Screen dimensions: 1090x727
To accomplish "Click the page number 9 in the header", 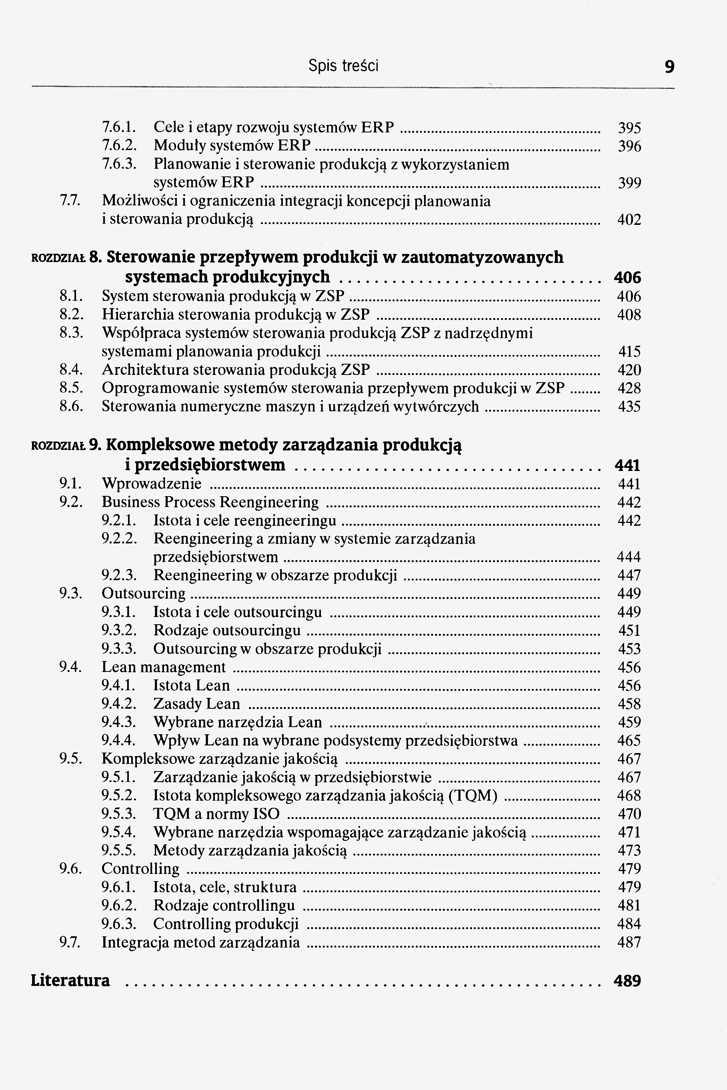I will pyautogui.click(x=669, y=67).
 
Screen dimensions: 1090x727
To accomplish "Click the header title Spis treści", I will pyautogui.click(x=343, y=66).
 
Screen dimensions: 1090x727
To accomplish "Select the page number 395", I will pyautogui.click(x=629, y=128).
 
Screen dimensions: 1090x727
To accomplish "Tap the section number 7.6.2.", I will pyautogui.click(x=119, y=146).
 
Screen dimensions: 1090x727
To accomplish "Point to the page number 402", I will pyautogui.click(x=629, y=220).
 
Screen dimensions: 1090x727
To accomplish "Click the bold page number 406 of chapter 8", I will pyautogui.click(x=627, y=278).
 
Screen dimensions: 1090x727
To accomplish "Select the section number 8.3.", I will pyautogui.click(x=71, y=333).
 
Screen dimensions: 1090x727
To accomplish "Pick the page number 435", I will pyautogui.click(x=629, y=407).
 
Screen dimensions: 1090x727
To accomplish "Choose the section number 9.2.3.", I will pyautogui.click(x=119, y=575).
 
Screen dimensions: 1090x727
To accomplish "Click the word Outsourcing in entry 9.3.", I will pyautogui.click(x=143, y=594).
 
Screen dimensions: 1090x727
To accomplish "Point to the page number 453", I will pyautogui.click(x=629, y=649).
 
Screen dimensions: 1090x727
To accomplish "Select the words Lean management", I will pyautogui.click(x=163, y=667).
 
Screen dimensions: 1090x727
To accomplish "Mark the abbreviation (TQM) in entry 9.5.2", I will pyautogui.click(x=473, y=796).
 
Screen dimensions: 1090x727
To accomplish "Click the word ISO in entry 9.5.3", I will pyautogui.click(x=266, y=814).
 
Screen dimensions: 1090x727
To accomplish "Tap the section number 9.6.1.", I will pyautogui.click(x=119, y=888).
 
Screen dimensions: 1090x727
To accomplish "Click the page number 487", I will pyautogui.click(x=629, y=943).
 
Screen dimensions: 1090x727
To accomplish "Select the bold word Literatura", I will pyautogui.click(x=70, y=981).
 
